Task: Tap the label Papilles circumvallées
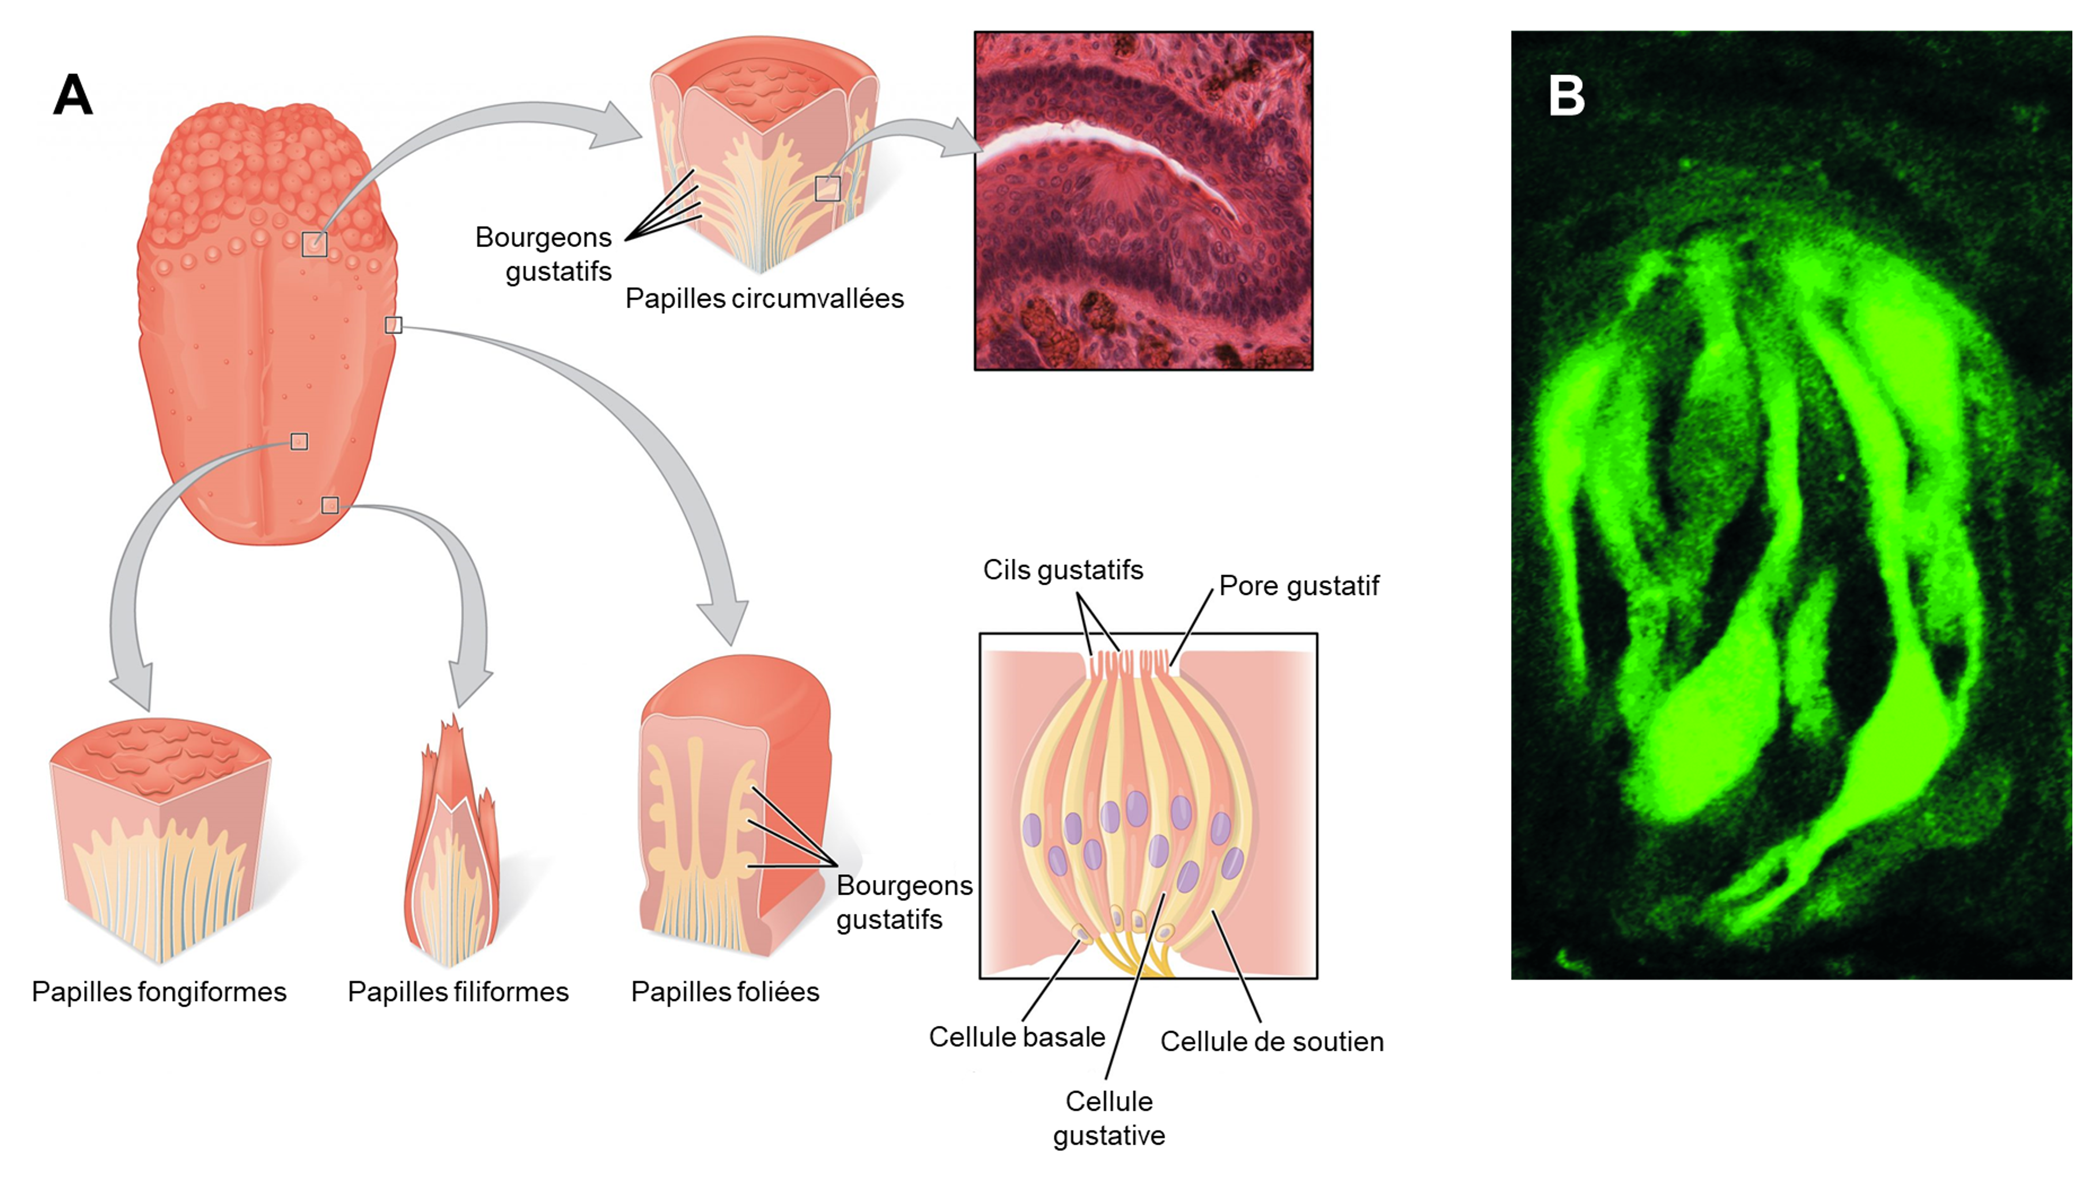[x=764, y=298]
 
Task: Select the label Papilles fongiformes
[x=159, y=991]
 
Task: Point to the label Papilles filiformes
[x=458, y=991]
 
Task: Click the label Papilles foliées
[x=725, y=991]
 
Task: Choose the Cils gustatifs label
[x=1062, y=569]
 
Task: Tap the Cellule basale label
[x=1017, y=1036]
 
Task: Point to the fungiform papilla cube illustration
[x=160, y=839]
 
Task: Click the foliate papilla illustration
[x=733, y=806]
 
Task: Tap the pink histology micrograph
[x=1143, y=200]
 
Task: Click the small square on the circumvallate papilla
[x=828, y=188]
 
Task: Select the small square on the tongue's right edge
[x=394, y=325]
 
